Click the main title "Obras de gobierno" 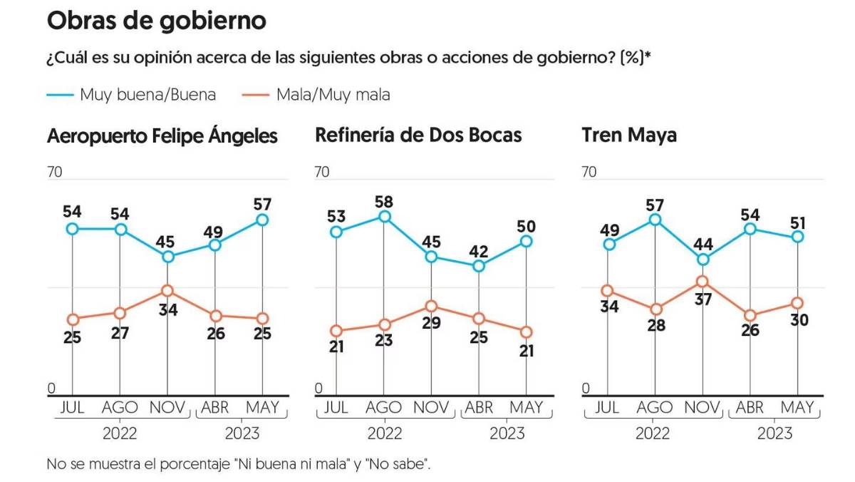point(156,21)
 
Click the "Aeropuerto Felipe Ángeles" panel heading point(162,136)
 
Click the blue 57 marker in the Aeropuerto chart point(263,220)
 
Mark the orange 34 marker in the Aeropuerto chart point(167,290)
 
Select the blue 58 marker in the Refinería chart point(384,217)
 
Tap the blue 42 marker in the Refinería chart point(479,266)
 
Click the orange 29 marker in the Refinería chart point(431,306)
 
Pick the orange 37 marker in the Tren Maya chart point(703,281)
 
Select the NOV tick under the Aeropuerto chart point(167,408)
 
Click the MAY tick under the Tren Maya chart point(797,408)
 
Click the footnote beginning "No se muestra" point(239,464)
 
